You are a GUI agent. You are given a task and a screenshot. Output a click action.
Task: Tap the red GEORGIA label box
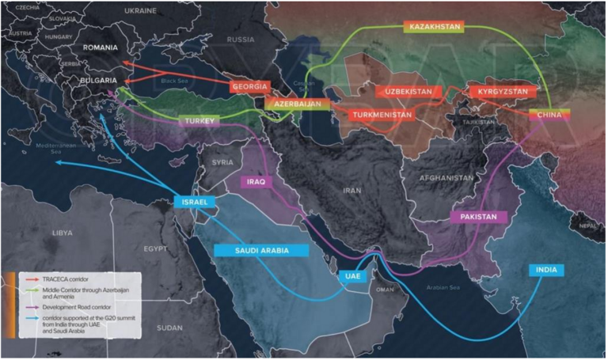pos(251,86)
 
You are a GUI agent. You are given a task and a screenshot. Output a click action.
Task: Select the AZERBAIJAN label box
pos(294,104)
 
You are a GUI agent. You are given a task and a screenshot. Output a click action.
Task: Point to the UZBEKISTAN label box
pos(408,92)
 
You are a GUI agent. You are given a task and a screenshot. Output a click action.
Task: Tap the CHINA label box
pos(549,116)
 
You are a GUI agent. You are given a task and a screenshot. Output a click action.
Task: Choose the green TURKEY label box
pos(199,121)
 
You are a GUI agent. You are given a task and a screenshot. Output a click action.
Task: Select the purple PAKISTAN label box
pos(478,217)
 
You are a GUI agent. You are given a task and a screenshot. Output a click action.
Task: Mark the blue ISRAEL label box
pos(195,203)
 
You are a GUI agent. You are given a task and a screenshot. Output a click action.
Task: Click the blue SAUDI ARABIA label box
pos(261,250)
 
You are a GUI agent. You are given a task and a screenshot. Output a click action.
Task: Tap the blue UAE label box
pos(351,277)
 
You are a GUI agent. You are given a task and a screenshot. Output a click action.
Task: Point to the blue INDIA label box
pos(547,270)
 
